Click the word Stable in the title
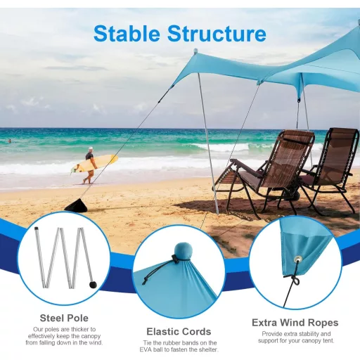129,33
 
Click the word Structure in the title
217,33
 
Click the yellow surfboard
94,165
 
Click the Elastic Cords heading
178,331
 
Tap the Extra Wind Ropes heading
295,323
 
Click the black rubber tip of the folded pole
92,285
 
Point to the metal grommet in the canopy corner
298,259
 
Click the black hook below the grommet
296,281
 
